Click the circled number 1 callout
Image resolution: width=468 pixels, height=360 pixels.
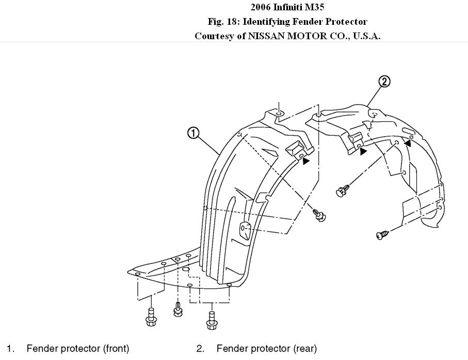point(193,133)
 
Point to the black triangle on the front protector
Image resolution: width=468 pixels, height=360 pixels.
point(306,161)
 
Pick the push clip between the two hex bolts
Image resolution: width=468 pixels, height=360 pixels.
point(179,310)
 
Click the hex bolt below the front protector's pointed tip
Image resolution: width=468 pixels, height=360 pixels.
point(151,316)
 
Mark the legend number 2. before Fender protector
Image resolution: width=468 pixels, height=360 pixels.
point(200,349)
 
